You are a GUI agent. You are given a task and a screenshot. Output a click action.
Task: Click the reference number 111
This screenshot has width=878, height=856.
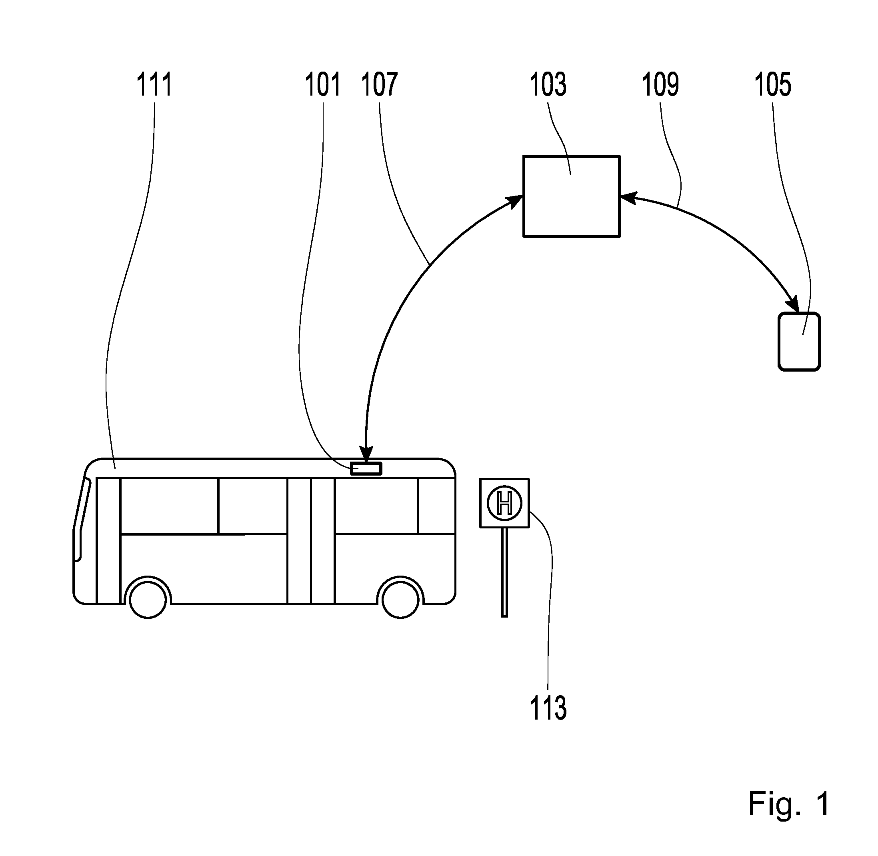[x=154, y=84]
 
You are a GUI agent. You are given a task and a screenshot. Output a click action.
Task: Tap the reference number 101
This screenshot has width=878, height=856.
[x=322, y=84]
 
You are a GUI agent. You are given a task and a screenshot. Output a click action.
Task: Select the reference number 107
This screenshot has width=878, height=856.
[x=380, y=84]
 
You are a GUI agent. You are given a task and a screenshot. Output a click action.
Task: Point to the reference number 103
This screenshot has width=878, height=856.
[x=548, y=84]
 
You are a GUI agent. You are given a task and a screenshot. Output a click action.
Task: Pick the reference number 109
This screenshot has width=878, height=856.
[x=660, y=84]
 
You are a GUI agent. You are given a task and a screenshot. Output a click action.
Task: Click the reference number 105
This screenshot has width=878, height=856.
[x=773, y=84]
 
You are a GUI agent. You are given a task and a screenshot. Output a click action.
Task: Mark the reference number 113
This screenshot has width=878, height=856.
[x=548, y=708]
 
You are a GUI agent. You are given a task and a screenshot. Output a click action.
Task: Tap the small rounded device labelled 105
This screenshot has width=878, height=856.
[x=799, y=342]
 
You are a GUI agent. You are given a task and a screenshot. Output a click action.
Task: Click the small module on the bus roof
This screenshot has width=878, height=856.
[x=366, y=468]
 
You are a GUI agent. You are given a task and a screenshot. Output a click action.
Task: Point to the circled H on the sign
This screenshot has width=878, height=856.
[x=504, y=503]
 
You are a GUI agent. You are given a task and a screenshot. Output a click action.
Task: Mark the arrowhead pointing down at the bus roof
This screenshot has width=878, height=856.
[x=367, y=454]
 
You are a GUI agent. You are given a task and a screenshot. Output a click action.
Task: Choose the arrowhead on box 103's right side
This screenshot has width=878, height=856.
[x=629, y=198]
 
